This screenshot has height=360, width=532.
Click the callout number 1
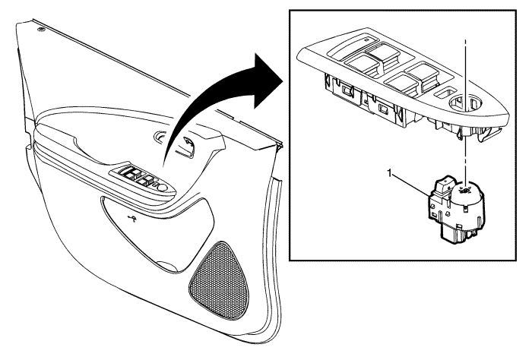pyautogui.click(x=390, y=174)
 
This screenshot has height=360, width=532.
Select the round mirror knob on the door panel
pyautogui.click(x=162, y=187)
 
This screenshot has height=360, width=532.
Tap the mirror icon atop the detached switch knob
pyautogui.click(x=465, y=190)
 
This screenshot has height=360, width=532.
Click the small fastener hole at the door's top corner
pyautogui.click(x=42, y=30)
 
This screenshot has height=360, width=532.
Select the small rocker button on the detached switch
pyautogui.click(x=444, y=182)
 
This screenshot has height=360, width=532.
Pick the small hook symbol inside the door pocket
pyautogui.click(x=133, y=218)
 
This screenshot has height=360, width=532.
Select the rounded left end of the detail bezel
pyautogui.click(x=301, y=54)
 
